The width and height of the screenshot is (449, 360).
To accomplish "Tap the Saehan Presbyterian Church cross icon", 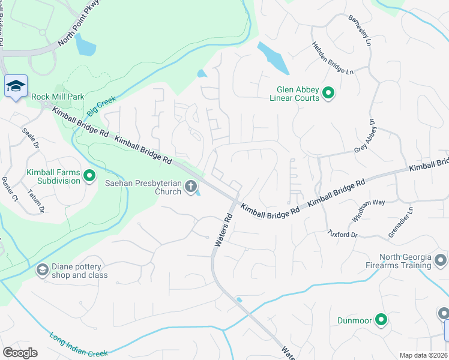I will tap(191, 187).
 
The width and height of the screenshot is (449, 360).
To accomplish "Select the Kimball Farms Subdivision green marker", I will tap(89, 176).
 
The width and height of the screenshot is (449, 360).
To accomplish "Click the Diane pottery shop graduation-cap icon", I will tap(42, 270).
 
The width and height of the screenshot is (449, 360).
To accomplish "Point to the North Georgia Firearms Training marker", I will tap(441, 260).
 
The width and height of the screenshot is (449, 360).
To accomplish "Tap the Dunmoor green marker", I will tap(381, 320).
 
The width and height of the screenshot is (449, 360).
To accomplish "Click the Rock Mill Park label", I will tap(58, 97).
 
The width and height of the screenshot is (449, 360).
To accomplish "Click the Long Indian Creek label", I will tap(79, 345).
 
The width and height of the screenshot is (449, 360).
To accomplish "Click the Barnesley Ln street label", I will tap(360, 30).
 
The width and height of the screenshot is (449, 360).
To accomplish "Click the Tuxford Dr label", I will tap(342, 233).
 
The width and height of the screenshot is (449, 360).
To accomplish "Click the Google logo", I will tap(20, 353).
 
